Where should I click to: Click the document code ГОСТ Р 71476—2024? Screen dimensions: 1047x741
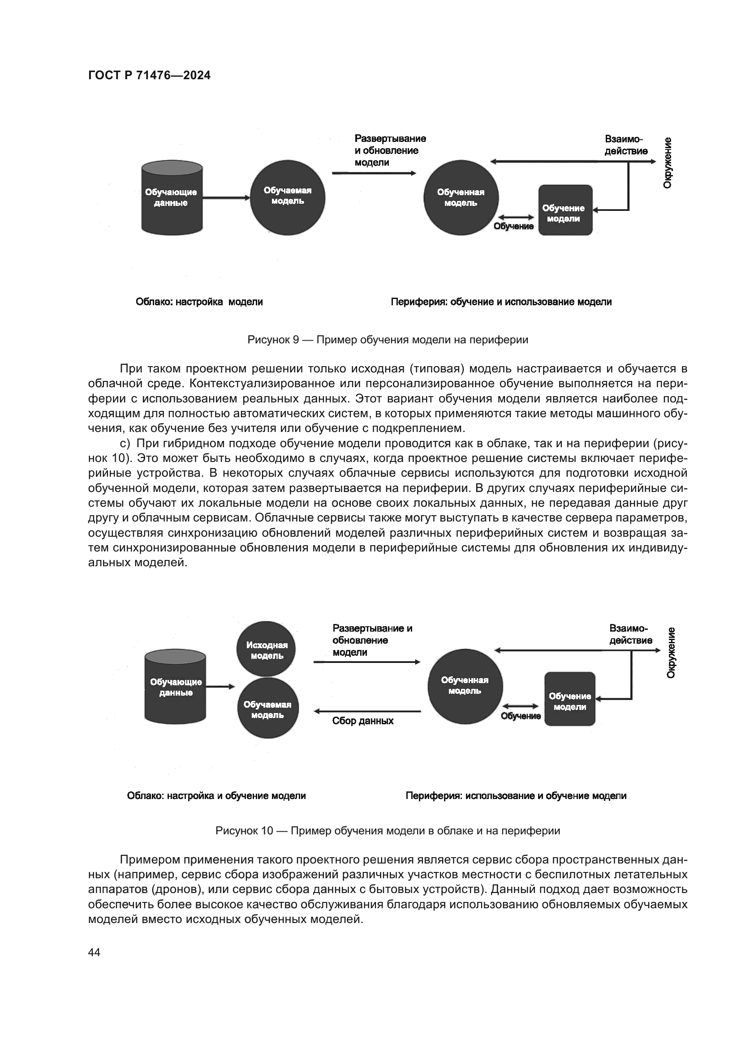(149, 75)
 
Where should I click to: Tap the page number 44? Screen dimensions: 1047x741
(94, 952)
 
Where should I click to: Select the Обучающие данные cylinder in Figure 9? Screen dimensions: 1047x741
(172, 197)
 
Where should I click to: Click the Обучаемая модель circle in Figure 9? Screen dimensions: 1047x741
(288, 197)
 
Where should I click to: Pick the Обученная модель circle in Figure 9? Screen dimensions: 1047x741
(461, 198)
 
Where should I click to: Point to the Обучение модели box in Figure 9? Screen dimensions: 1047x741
(565, 210)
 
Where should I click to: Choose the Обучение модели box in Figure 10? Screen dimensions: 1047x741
(570, 699)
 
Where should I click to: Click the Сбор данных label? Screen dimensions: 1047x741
(363, 721)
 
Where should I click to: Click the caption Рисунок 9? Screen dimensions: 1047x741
(388, 340)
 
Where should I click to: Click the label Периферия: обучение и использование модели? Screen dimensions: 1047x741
(501, 302)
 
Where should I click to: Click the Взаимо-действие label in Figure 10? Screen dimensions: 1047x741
(630, 634)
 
